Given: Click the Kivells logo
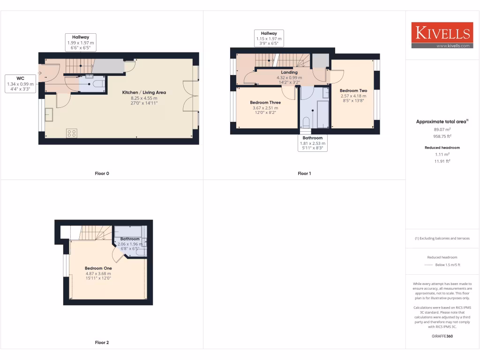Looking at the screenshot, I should point(442,35).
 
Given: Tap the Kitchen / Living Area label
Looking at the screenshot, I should point(144,92).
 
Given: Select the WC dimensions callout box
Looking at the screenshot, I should point(21,83).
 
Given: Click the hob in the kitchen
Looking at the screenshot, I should point(72,133).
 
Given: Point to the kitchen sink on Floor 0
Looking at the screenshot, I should point(49,113).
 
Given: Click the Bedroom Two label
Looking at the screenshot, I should point(353,90).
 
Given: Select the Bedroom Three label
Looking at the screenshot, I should point(265,102).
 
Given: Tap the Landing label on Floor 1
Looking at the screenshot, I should point(289,72).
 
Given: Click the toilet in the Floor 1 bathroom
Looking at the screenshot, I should point(306,122).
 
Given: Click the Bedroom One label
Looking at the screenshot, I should point(98,268).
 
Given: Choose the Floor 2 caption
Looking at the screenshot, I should point(102,343).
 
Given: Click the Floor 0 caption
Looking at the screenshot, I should point(102,173).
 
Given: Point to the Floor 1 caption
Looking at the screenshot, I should point(304,173).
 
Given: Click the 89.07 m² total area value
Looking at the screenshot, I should point(442,129).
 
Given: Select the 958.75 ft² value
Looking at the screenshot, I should point(442,136).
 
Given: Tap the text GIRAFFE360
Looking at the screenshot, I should point(442,336).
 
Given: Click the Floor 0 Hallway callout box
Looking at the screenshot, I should point(81,42).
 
